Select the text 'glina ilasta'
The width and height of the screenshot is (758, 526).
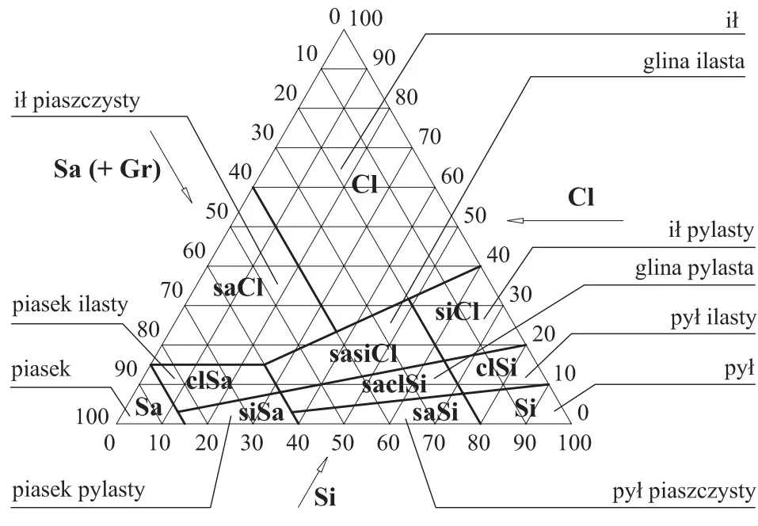694,62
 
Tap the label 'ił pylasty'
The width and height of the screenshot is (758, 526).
711,231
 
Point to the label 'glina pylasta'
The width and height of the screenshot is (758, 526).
694,269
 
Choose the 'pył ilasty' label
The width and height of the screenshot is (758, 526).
713,318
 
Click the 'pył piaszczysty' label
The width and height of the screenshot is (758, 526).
684,492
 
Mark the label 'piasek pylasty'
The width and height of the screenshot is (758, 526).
78,490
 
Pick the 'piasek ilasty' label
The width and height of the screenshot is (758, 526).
70,305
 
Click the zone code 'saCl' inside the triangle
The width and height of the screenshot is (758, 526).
238,288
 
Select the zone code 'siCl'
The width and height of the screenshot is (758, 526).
457,312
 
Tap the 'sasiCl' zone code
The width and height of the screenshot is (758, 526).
364,354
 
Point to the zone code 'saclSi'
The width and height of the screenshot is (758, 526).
394,384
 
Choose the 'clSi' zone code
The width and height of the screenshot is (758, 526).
497,368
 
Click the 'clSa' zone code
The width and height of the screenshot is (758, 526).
209,381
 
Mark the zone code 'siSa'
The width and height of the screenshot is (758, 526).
261,414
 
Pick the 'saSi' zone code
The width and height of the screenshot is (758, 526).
435,414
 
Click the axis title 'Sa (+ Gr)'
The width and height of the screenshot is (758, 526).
107,170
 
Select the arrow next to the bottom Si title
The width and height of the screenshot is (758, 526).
313,482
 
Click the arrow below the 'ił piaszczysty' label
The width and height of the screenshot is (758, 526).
171,167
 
